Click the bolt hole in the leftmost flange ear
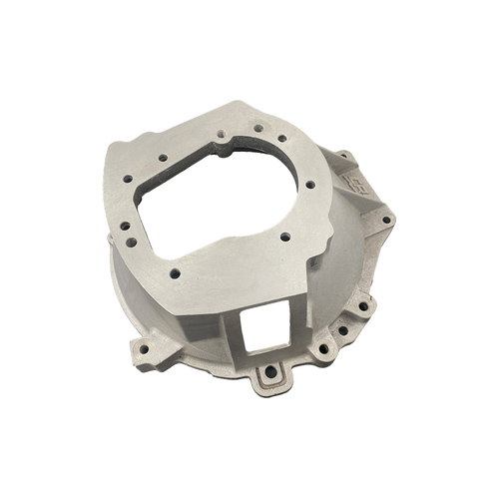(x=143, y=350)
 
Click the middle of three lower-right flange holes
(x=342, y=330)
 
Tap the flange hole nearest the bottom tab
(x=322, y=351)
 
